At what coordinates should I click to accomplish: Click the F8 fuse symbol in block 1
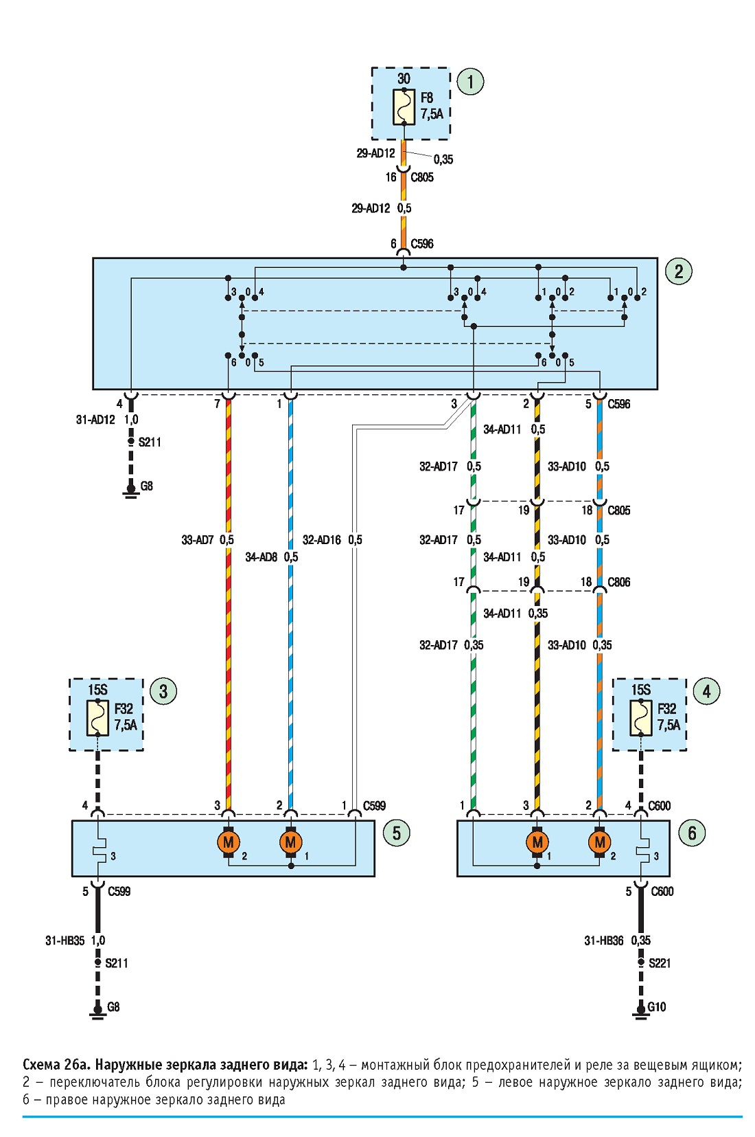[x=404, y=106]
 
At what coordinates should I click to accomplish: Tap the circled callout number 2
[x=678, y=271]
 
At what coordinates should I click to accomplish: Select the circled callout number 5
[x=397, y=833]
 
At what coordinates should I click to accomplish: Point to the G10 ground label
[x=657, y=1006]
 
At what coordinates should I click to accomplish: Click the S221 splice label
[x=659, y=963]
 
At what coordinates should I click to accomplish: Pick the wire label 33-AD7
[x=198, y=540]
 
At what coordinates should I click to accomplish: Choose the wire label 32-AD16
[x=322, y=540]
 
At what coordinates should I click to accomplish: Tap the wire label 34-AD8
[x=261, y=557]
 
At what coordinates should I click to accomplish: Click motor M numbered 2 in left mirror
[x=228, y=842]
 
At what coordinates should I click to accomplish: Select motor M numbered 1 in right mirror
[x=537, y=842]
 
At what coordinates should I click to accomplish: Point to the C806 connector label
[x=619, y=582]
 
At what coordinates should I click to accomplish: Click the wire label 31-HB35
[x=65, y=941]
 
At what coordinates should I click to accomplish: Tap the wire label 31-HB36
[x=603, y=941]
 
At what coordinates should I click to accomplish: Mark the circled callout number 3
[x=163, y=691]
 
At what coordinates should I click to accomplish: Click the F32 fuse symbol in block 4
[x=641, y=718]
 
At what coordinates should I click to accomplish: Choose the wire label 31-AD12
[x=95, y=420]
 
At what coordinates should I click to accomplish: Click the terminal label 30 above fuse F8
[x=404, y=79]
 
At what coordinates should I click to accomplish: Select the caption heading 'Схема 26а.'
[x=57, y=1064]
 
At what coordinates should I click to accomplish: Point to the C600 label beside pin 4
[x=659, y=806]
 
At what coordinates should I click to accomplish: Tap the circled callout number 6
[x=692, y=833]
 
